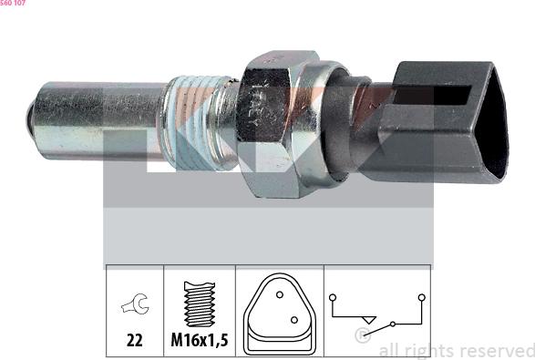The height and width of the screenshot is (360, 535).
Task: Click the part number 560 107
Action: tap(13, 4)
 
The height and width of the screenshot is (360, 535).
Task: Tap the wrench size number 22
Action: tap(135, 341)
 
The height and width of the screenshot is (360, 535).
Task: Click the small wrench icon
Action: tap(135, 307)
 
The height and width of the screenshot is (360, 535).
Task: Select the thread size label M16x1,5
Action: tap(200, 341)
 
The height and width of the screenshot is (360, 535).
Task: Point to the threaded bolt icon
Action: tap(200, 303)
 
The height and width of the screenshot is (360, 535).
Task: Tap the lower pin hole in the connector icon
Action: tap(293, 320)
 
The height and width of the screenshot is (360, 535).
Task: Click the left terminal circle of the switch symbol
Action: tap(334, 297)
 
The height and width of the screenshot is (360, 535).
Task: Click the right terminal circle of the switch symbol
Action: tap(421, 297)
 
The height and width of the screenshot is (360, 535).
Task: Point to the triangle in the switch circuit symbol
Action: tap(368, 318)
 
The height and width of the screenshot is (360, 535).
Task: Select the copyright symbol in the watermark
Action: tap(362, 337)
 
